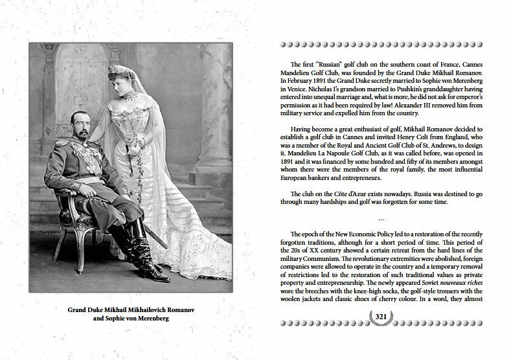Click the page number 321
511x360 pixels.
click(x=380, y=315)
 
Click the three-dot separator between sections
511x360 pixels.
click(x=380, y=217)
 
